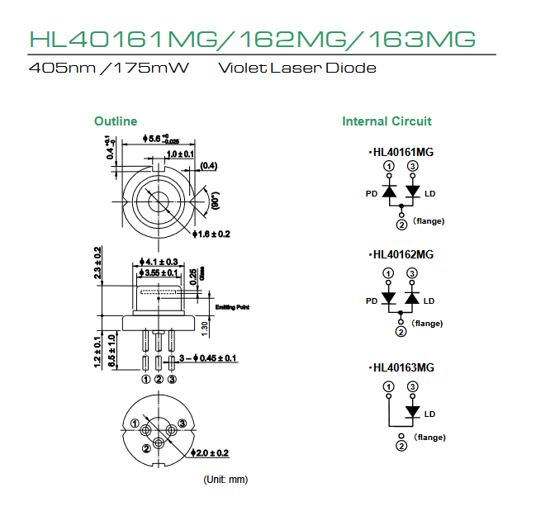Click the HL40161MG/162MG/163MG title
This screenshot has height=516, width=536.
(x=252, y=38)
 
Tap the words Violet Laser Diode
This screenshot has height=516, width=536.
(x=296, y=68)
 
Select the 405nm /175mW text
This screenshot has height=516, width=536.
(x=108, y=68)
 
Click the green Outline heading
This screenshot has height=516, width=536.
(x=116, y=121)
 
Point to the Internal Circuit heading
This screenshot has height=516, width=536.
(x=387, y=121)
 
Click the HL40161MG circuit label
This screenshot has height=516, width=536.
(x=401, y=152)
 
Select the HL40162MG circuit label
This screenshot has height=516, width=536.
(x=401, y=254)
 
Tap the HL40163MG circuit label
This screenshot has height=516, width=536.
(x=401, y=367)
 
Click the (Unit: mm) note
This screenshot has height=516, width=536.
(x=225, y=480)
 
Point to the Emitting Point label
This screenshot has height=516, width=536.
(x=233, y=308)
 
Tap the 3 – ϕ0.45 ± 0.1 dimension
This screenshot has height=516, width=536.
(x=208, y=358)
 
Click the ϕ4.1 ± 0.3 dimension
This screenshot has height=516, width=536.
(x=160, y=262)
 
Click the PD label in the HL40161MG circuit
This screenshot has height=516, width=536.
(x=372, y=194)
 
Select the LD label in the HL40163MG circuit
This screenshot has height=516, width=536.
(x=429, y=414)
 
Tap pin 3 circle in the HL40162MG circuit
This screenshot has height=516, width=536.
(x=412, y=273)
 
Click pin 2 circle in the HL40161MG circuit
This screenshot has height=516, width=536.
(x=401, y=225)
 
